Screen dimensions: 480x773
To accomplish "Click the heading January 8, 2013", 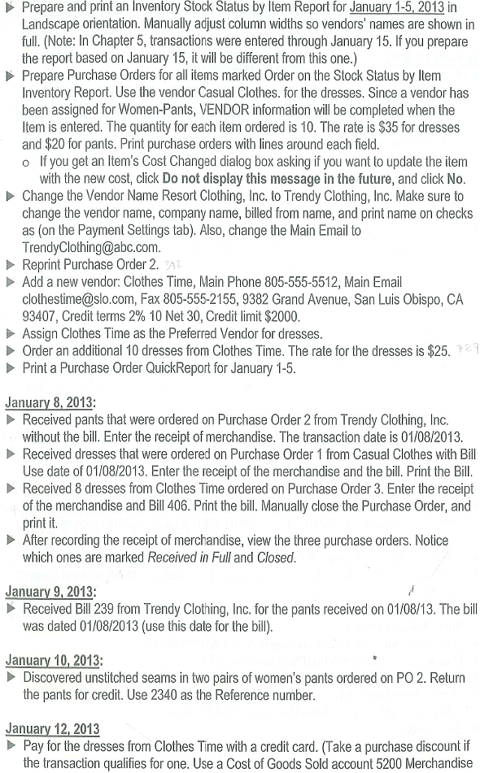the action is click(50, 402).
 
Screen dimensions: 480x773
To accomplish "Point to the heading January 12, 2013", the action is click(53, 728).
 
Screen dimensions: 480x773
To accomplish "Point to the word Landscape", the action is click(55, 24).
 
